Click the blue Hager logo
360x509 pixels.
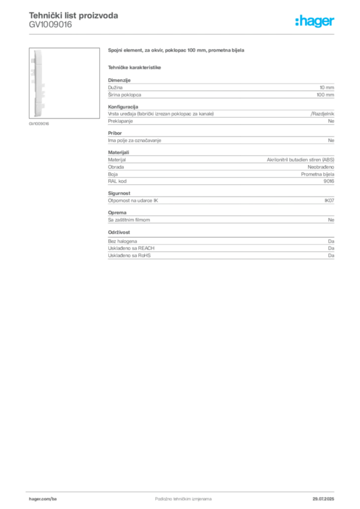click(316, 22)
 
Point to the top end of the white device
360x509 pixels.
click(37, 51)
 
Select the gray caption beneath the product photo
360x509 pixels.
click(39, 123)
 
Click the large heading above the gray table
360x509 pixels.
click(177, 51)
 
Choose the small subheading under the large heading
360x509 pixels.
click(135, 67)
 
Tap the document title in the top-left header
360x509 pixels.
click(74, 15)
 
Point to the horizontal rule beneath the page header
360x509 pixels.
click(183, 34)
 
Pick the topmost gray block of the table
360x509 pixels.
click(220, 89)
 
